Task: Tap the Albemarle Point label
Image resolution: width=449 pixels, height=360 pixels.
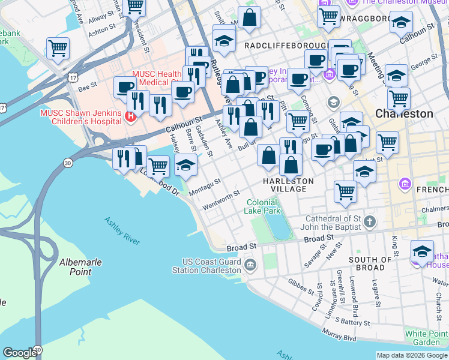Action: [x=80, y=267]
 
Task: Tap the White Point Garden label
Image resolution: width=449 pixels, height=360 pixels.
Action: [x=426, y=338]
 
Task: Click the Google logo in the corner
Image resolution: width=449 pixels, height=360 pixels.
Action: [x=20, y=353]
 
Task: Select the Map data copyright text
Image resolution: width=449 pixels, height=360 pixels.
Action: [x=412, y=355]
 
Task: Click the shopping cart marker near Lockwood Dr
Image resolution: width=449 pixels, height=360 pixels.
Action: [x=158, y=165]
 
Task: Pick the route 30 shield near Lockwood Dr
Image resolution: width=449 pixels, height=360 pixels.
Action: [x=68, y=163]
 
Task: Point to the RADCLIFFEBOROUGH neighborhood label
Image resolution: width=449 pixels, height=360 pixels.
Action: [x=285, y=46]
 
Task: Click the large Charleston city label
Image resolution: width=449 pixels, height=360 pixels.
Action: [x=404, y=113]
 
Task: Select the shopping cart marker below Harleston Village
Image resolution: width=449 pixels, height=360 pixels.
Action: [x=345, y=191]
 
